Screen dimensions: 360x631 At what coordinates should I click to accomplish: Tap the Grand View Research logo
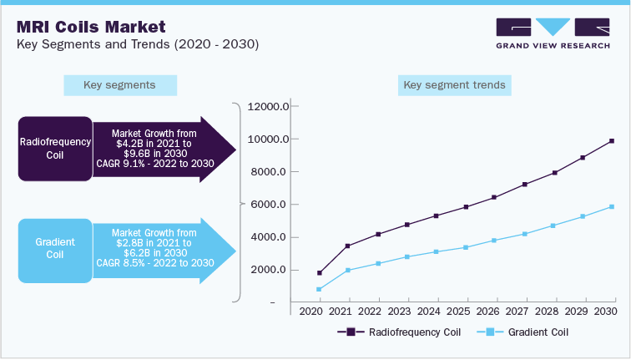(x=552, y=34)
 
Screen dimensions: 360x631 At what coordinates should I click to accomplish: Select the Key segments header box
(x=119, y=85)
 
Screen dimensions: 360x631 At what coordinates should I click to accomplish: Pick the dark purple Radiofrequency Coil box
(x=55, y=148)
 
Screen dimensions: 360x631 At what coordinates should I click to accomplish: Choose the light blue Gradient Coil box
(x=55, y=249)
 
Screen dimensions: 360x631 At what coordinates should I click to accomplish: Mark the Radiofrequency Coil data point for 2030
(x=612, y=140)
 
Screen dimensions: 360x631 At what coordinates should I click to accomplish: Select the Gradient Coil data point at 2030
(x=612, y=206)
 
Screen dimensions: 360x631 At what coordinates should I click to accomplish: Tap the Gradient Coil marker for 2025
(x=466, y=247)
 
